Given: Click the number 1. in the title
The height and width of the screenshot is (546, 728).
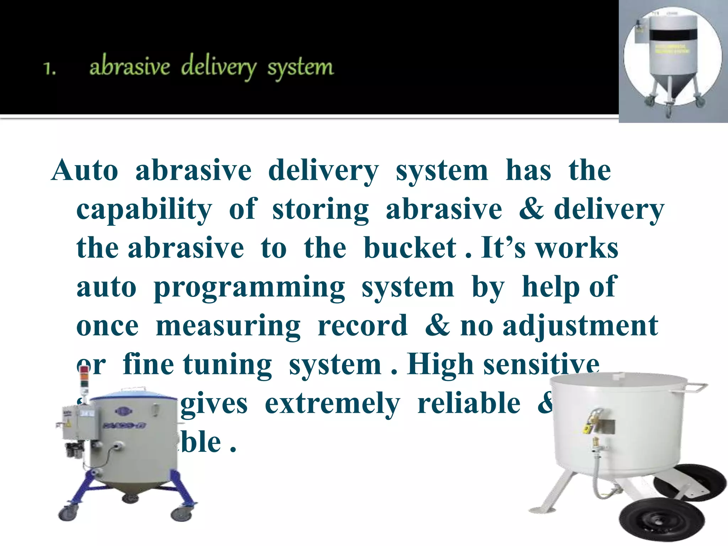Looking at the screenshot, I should [50, 68].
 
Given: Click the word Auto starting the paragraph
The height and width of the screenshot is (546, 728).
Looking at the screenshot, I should [85, 171].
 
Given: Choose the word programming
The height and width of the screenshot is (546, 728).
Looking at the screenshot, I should [249, 287].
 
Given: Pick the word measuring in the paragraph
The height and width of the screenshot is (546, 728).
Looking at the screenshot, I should [228, 326].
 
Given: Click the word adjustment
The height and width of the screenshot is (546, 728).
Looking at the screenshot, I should [580, 326].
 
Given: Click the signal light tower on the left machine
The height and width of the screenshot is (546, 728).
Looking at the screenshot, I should [84, 379].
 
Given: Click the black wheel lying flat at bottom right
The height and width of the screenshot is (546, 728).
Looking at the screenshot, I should [661, 521].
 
